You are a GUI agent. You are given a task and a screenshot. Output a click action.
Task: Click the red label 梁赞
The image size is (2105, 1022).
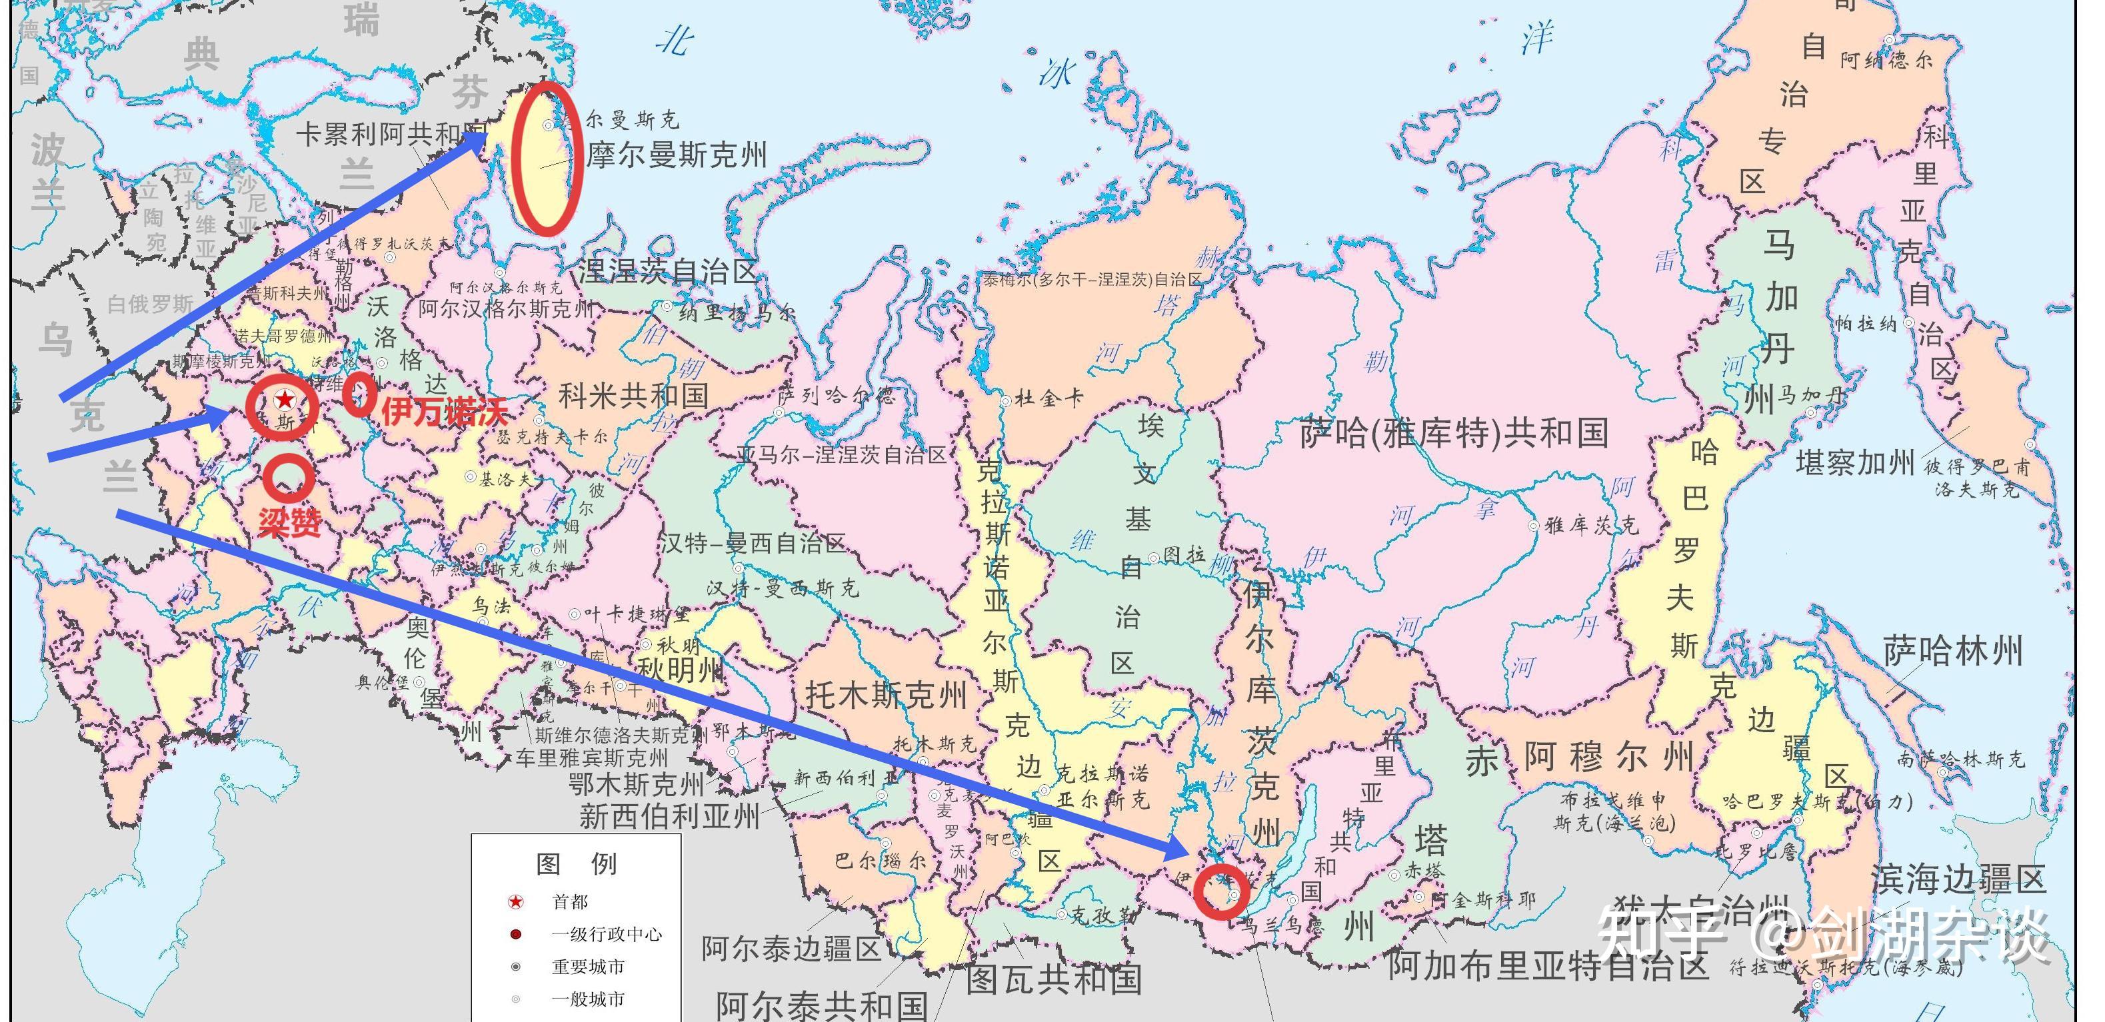pyautogui.click(x=289, y=521)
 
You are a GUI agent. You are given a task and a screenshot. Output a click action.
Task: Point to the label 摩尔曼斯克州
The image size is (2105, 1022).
pyautogui.click(x=677, y=155)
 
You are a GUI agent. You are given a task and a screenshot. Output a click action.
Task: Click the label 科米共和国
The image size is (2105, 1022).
pyautogui.click(x=633, y=397)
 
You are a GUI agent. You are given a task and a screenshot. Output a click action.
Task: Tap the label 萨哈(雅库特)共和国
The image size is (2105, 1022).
pyautogui.click(x=1454, y=433)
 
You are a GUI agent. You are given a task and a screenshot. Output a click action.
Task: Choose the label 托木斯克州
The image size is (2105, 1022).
pyautogui.click(x=886, y=696)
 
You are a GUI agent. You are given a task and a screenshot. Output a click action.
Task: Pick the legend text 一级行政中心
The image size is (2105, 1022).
pyautogui.click(x=607, y=935)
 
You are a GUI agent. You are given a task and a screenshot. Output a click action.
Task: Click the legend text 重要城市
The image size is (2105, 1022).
pyautogui.click(x=589, y=967)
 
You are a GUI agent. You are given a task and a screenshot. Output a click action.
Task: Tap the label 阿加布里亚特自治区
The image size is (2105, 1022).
pyautogui.click(x=1548, y=967)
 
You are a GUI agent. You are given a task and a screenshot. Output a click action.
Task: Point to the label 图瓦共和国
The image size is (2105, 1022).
pyautogui.click(x=1053, y=979)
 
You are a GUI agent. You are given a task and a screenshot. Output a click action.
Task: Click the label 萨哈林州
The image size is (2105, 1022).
pyautogui.click(x=1953, y=652)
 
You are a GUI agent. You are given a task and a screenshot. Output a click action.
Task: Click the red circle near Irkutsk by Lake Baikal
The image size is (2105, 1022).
pyautogui.click(x=1222, y=891)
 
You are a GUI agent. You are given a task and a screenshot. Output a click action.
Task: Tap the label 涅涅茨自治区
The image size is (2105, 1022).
pyautogui.click(x=669, y=271)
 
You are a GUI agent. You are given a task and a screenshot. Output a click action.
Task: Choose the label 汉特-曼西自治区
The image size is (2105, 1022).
pyautogui.click(x=753, y=543)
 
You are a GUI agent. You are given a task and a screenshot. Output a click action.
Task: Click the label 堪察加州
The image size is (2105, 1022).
pyautogui.click(x=1855, y=463)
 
